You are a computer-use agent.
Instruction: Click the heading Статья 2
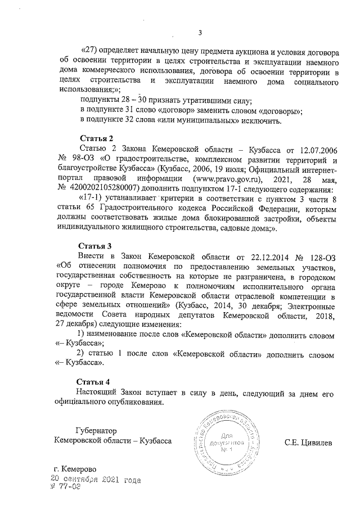pyautogui.click(x=97, y=138)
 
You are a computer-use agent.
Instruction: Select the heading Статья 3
pyautogui.click(x=97, y=246)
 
